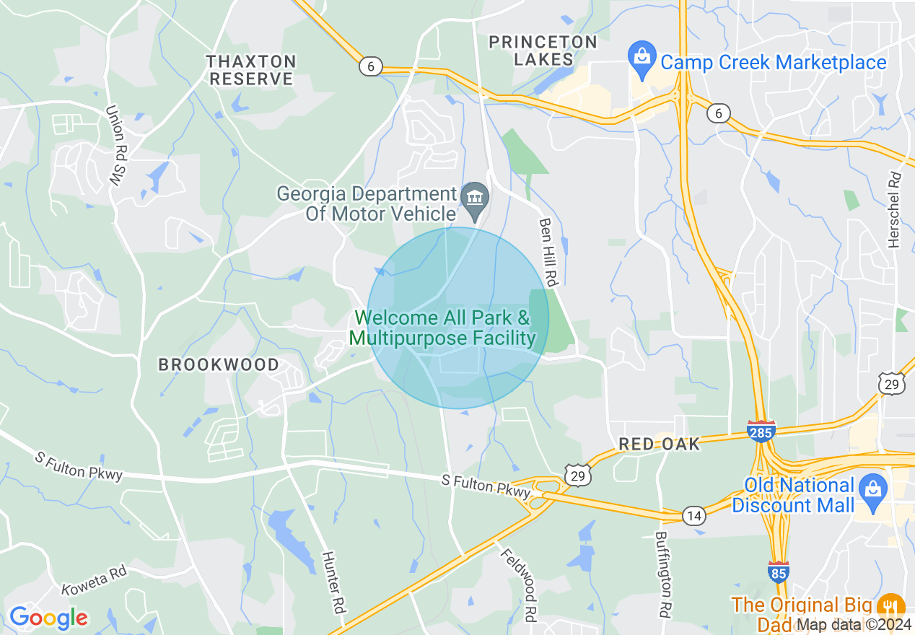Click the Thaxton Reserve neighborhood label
(x=251, y=70)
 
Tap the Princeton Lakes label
(x=543, y=51)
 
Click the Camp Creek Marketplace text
(x=774, y=63)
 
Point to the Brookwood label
(x=219, y=364)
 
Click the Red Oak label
(x=659, y=444)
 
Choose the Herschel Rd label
(x=895, y=209)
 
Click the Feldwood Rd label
(x=520, y=584)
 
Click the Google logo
(x=48, y=618)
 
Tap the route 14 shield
(x=693, y=515)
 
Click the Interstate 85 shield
(x=779, y=571)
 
